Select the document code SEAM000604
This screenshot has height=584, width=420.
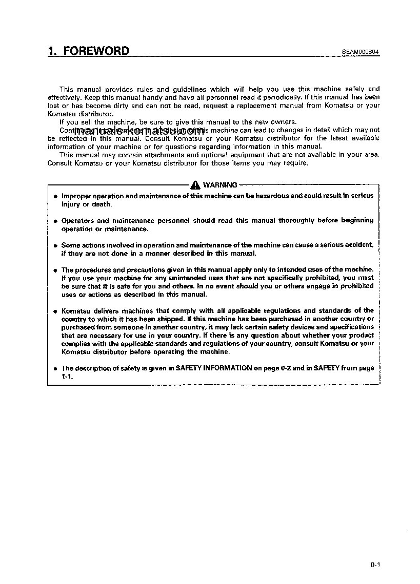361,52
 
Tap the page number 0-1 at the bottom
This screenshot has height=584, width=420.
374,565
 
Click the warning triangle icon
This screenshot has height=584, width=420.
195,185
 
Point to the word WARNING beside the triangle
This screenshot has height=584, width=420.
220,185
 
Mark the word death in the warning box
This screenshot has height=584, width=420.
101,204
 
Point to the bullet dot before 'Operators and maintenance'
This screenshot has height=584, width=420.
54,221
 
